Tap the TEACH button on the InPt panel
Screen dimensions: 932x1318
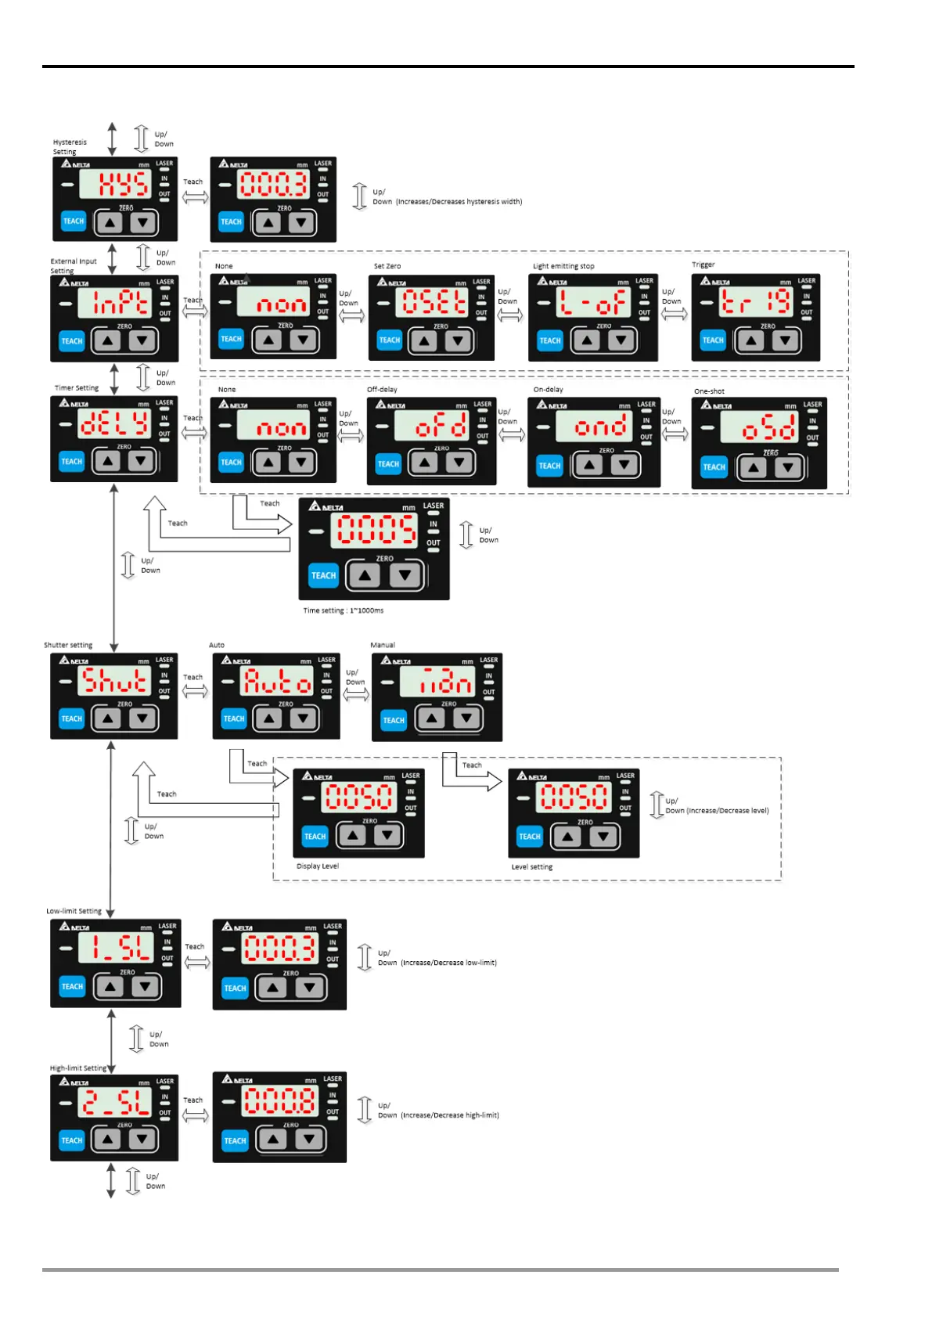[72, 341]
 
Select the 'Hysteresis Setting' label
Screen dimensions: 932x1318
[70, 147]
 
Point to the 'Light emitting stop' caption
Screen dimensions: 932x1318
[563, 266]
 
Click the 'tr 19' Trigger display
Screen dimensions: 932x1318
[755, 302]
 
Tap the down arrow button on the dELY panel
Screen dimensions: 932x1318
[141, 461]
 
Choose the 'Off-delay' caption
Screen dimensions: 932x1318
[382, 389]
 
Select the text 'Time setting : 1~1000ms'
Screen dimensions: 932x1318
[344, 610]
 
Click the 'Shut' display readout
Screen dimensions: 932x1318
[114, 681]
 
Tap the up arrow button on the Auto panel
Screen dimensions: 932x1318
[268, 718]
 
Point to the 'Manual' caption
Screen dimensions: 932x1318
[383, 645]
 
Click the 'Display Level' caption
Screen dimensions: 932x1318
[318, 866]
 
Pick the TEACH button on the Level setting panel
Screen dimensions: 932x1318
[530, 837]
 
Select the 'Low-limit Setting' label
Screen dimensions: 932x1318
[74, 911]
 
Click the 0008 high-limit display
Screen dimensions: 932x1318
[280, 1101]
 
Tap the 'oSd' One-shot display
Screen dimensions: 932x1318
[759, 427]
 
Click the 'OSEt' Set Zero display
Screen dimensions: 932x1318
[434, 302]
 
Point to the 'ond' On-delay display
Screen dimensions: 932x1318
[592, 427]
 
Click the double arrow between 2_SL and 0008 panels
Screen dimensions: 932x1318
[195, 1115]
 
